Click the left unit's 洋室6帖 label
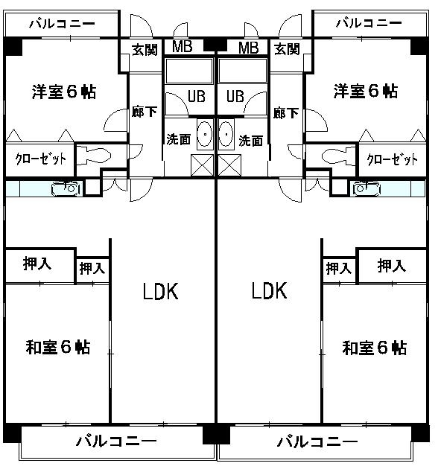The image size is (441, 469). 64,92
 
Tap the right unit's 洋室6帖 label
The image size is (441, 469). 366,91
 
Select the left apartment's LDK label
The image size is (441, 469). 160,291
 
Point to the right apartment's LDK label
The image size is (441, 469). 269,290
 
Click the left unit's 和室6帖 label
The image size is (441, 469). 58,347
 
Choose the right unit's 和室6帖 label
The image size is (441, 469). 374,348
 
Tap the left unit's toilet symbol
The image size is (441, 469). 93,156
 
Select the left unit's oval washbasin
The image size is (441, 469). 205,134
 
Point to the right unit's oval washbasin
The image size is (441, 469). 226,134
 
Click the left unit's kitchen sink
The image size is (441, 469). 67,188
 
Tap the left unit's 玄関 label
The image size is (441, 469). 145,49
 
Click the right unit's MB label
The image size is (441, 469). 249,48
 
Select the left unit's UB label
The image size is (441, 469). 197,96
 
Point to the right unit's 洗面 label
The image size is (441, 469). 251,141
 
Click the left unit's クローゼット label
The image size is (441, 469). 41,159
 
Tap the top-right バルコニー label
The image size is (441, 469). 369,23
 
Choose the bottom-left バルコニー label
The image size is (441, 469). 116,441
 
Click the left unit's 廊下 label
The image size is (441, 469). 145,112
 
